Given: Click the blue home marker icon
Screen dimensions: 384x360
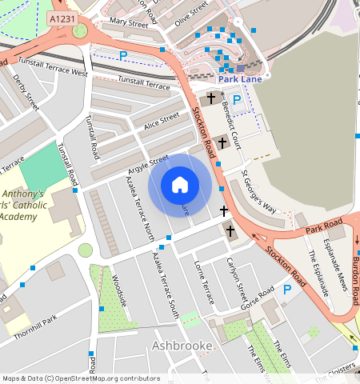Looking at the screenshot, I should [180, 186].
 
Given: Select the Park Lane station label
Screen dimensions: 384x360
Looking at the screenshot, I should [239, 79].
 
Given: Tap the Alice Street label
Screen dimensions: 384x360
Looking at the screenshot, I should [161, 121].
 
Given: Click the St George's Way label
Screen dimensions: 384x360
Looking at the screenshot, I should [259, 195].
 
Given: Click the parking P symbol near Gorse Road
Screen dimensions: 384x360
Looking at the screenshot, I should [287, 290].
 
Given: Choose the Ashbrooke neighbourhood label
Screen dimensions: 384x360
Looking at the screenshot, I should [181, 346].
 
